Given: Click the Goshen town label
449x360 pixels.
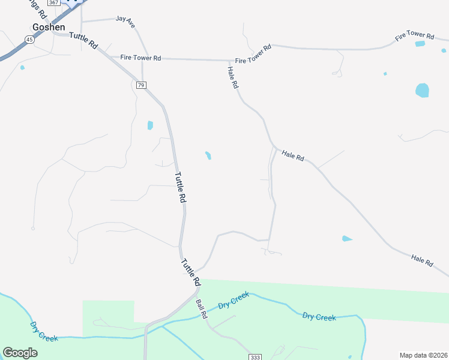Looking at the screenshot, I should pos(49,27).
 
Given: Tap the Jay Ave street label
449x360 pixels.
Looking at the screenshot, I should pos(126,22).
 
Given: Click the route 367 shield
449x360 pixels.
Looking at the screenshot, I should pos(54,3).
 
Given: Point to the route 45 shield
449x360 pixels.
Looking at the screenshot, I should pos(29,39).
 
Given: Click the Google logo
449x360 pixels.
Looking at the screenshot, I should pos(20,353).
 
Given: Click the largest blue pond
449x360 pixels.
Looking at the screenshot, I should pos(422,91).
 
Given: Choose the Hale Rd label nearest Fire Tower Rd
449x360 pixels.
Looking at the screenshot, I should pos(233,78).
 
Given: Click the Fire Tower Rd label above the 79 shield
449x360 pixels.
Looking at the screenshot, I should pos(140,58).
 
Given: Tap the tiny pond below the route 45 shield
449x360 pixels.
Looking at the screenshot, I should pos(22,67).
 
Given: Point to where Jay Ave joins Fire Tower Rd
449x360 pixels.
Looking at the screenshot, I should pos(143,59).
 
